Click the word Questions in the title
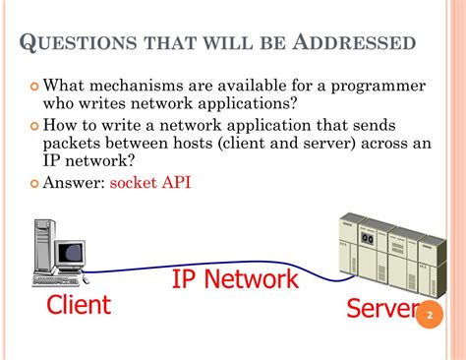(78, 42)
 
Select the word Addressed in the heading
(354, 42)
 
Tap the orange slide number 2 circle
(430, 315)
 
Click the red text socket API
(150, 182)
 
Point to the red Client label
(79, 305)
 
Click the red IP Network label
(235, 278)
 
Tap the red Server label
(382, 308)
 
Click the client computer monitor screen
(71, 254)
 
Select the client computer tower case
(44, 245)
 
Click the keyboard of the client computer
(56, 281)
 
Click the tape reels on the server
(368, 238)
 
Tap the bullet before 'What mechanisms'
(34, 87)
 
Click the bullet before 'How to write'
(34, 126)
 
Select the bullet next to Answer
(34, 183)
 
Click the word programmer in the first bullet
(379, 87)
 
